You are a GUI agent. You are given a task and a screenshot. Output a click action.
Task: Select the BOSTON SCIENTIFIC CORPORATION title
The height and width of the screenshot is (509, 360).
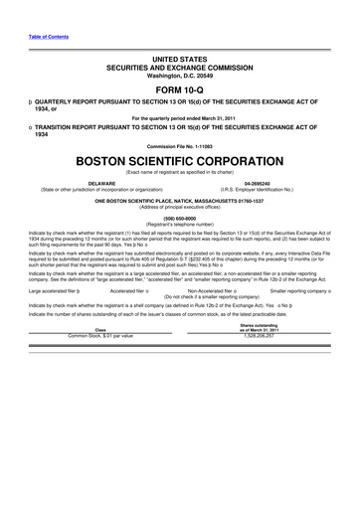pyautogui.click(x=179, y=160)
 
